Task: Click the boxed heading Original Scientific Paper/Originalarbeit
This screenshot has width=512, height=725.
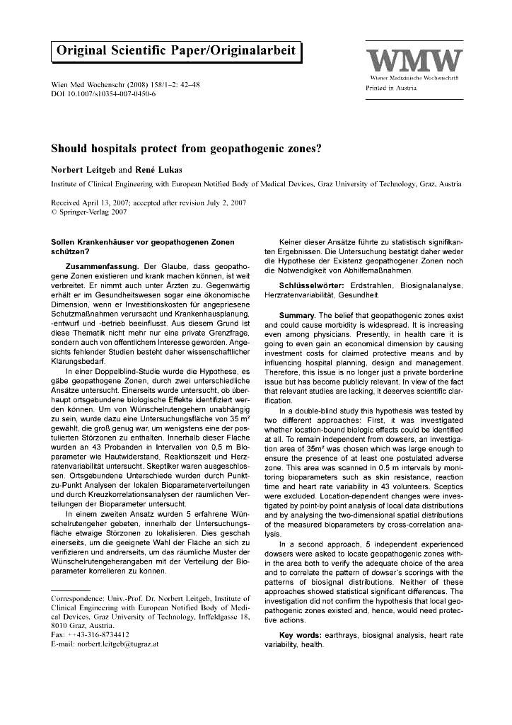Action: [177, 51]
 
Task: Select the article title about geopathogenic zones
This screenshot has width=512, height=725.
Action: [186, 149]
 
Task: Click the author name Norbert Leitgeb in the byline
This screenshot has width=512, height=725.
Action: [85, 170]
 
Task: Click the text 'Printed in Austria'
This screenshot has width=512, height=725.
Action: [391, 89]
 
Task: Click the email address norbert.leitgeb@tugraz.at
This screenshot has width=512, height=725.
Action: [119, 644]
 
